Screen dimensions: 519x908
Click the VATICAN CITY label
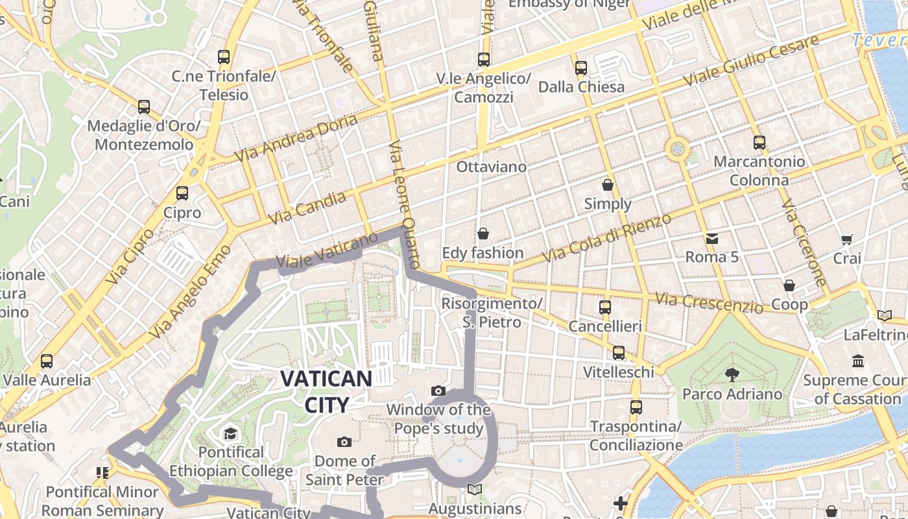tap(326, 392)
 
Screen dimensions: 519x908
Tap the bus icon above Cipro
tap(182, 193)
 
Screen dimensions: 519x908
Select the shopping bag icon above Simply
tap(608, 186)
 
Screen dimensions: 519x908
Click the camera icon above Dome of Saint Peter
tap(344, 442)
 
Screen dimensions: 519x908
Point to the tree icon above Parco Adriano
tap(732, 374)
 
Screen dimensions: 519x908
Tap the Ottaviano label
tap(491, 167)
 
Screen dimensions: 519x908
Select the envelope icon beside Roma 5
tap(712, 238)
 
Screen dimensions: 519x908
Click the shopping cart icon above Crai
tap(846, 239)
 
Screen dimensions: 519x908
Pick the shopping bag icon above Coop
tap(789, 285)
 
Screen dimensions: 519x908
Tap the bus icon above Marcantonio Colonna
tap(759, 143)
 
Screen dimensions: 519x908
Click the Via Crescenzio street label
tap(709, 302)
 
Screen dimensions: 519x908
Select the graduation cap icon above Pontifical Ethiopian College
tap(230, 433)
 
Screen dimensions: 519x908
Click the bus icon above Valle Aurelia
tap(47, 361)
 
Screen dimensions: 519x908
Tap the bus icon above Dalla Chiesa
tap(581, 67)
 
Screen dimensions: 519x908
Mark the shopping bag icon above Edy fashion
tap(483, 234)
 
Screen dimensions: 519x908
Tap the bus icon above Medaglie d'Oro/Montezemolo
tap(144, 107)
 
